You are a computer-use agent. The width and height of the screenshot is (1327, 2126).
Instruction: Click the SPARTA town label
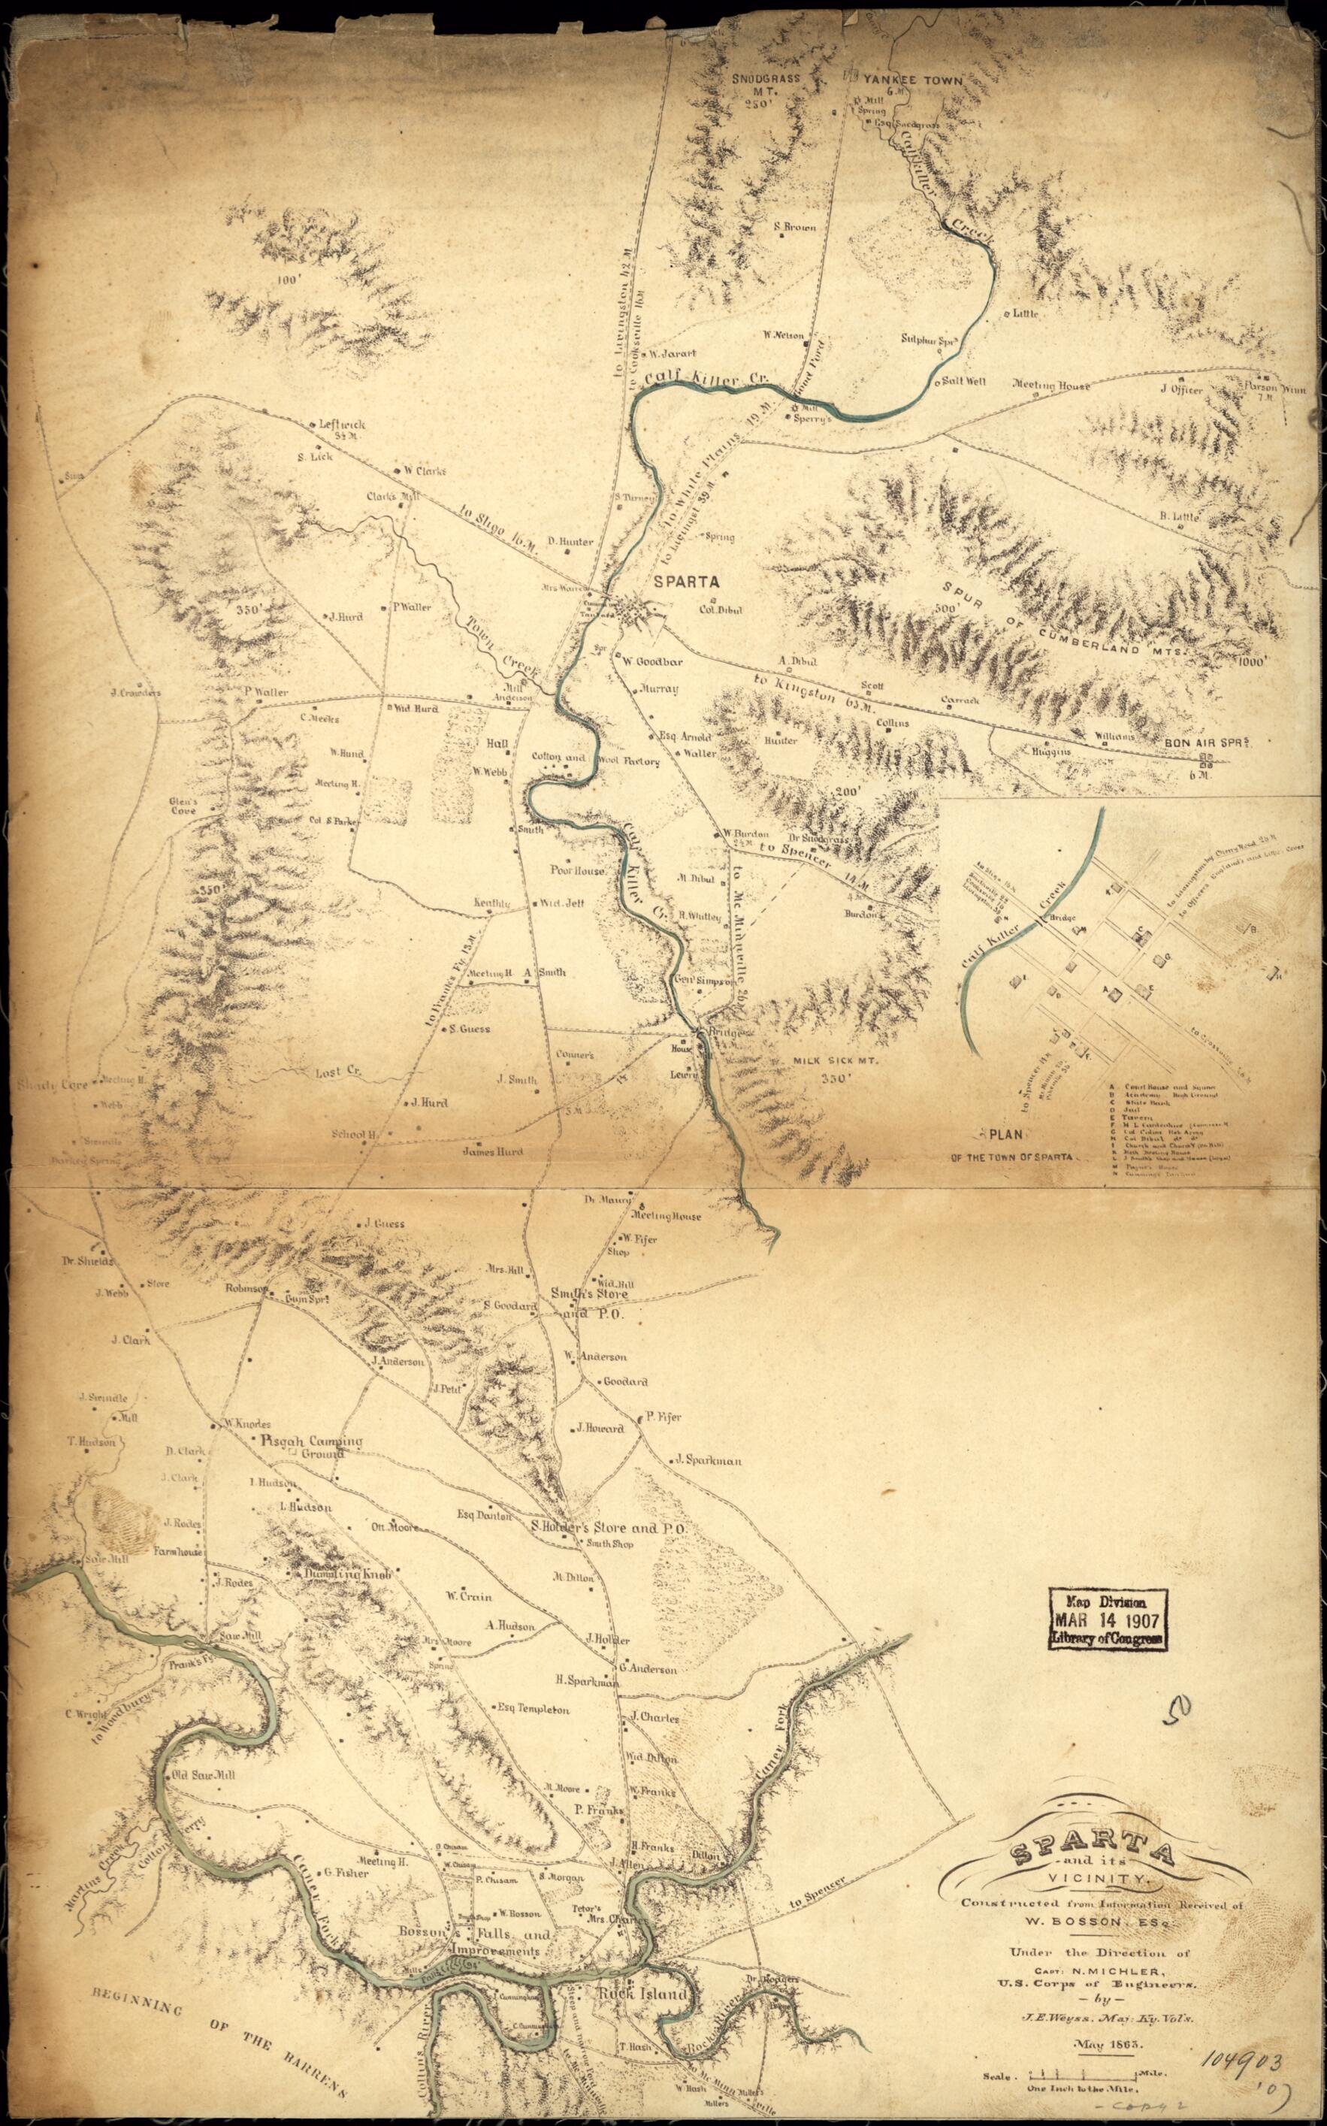click(685, 581)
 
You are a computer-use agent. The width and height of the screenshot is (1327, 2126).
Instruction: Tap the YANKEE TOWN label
click(913, 80)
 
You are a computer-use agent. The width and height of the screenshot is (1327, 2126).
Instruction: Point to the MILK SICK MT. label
click(836, 1060)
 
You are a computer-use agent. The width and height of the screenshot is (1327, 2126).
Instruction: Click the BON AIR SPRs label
click(1207, 742)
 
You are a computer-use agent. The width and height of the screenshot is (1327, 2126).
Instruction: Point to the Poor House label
click(576, 871)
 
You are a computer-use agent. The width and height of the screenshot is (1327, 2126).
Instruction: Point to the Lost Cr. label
click(337, 1072)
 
